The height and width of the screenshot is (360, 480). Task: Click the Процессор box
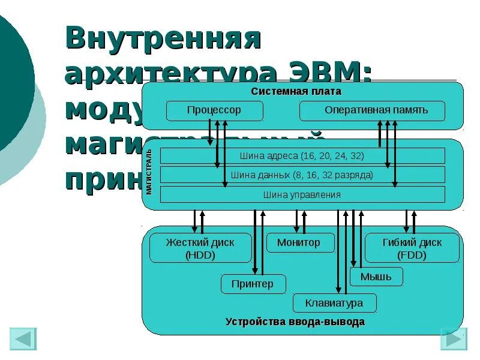coord(214,111)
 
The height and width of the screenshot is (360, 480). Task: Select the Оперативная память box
coord(372,111)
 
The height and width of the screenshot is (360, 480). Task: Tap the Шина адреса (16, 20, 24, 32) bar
coord(302,156)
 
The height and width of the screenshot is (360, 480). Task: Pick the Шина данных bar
coord(302,175)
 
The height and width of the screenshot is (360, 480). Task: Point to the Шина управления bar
coord(302,194)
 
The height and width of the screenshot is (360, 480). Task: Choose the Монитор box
coord(298,243)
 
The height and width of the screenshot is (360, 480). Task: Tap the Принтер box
coord(253,284)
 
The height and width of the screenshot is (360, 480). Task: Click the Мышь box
coord(376,277)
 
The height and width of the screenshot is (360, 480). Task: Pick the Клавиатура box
coord(335,303)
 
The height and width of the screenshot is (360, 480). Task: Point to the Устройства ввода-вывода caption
coord(295,322)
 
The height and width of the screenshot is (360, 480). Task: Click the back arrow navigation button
coord(23,339)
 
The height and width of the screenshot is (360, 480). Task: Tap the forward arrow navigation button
coord(454,339)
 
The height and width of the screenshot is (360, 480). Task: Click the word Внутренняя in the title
coord(163,39)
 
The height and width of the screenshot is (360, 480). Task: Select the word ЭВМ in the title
coord(329,73)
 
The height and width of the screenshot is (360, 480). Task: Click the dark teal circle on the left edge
coord(12,78)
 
